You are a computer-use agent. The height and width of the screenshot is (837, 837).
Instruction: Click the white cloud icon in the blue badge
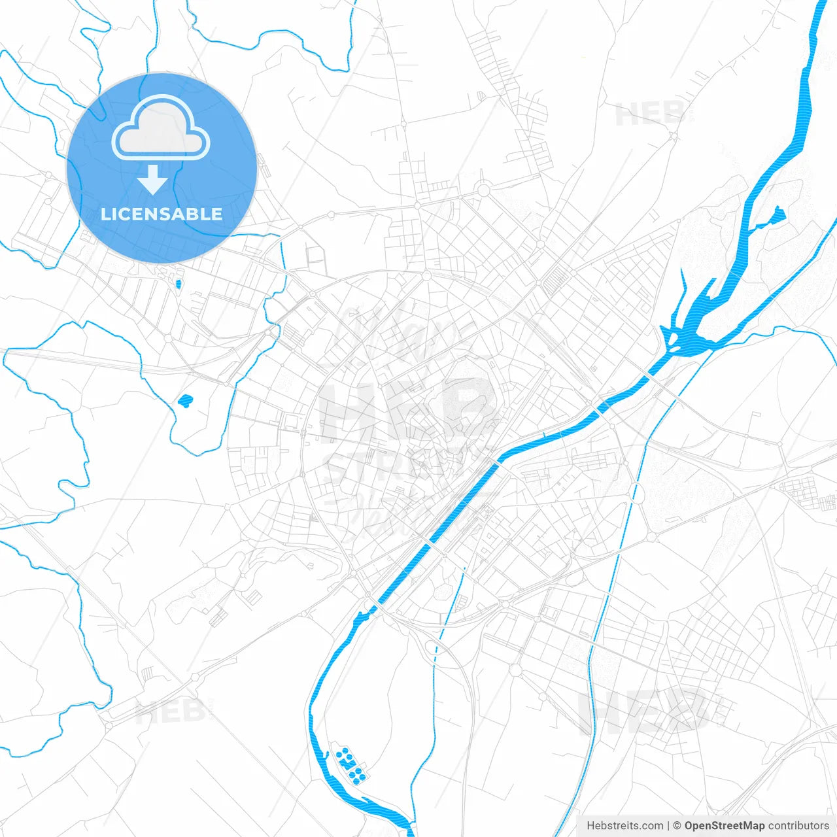(x=161, y=129)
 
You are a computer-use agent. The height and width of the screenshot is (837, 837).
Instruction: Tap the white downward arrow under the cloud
(x=153, y=180)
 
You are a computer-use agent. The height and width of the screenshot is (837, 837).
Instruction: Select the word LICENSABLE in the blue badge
(x=162, y=214)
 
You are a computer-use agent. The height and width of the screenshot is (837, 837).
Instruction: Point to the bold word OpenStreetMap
(x=724, y=826)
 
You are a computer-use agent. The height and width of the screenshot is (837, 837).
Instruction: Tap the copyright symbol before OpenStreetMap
(x=677, y=826)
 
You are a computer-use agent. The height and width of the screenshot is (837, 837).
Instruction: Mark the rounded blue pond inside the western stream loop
(x=186, y=401)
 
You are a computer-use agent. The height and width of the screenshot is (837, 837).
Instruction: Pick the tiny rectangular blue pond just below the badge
(x=178, y=284)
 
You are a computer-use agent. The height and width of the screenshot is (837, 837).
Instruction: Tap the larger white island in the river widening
(x=689, y=334)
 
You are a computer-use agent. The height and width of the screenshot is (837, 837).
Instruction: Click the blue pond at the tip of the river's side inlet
(x=778, y=213)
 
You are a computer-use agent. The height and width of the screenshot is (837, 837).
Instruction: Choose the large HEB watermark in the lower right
(x=647, y=709)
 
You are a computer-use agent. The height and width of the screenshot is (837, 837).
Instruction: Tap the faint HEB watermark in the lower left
(x=170, y=711)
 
